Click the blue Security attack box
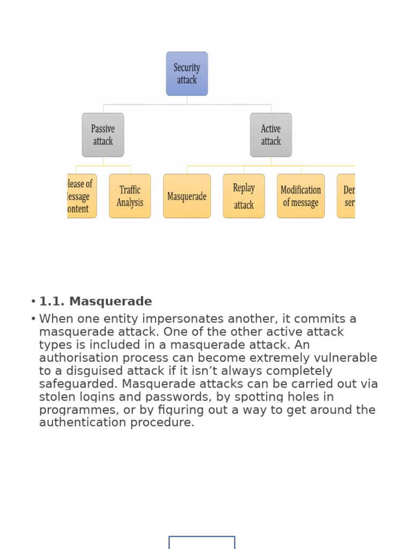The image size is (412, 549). coord(187,74)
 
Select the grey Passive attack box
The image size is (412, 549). coord(103,135)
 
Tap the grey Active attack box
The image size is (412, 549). coord(271,135)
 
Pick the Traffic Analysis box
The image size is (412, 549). coord(130,196)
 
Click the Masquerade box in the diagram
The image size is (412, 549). coord(187,196)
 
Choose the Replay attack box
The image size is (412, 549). coord(244,196)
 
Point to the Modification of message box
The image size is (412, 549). coord(300,196)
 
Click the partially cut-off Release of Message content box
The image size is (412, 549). coord(82,196)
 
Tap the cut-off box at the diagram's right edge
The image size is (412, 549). coord(347,196)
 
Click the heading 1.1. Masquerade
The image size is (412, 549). coord(95,302)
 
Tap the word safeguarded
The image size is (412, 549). coord(78,384)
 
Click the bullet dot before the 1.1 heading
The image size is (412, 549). coord(33,302)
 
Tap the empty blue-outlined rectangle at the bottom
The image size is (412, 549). coord(202,542)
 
